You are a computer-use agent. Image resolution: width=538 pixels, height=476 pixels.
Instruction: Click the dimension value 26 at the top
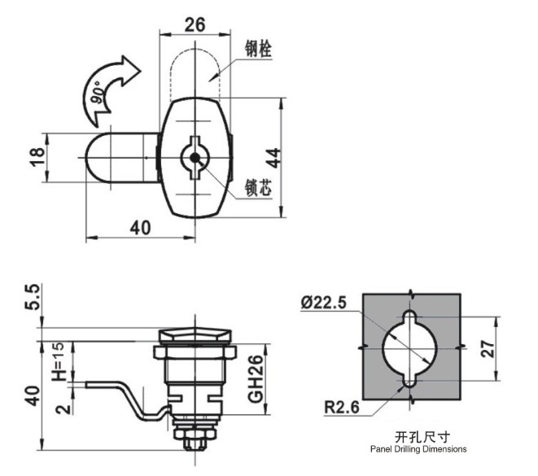(x=195, y=24)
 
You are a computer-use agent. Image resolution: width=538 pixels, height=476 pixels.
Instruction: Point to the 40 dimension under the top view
(x=140, y=229)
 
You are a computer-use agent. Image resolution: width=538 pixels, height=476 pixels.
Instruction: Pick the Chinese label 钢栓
(x=257, y=49)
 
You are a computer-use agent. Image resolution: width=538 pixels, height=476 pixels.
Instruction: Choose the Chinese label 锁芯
(x=257, y=188)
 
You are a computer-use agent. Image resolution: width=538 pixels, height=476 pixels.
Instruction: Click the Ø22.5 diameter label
(x=323, y=303)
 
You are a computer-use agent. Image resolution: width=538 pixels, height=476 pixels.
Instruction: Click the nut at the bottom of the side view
(x=195, y=445)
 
